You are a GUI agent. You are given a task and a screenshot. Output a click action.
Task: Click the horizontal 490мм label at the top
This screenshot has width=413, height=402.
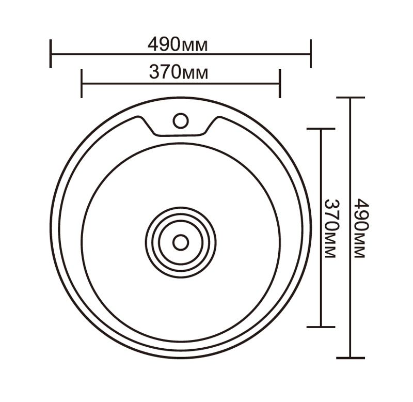(178, 44)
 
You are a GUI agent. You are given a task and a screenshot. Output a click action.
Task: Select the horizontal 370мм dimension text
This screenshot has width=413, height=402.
(179, 73)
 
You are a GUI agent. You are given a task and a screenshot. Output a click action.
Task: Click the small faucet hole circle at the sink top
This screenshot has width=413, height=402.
(180, 120)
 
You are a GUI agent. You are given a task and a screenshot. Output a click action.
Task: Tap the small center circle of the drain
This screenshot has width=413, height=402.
(180, 242)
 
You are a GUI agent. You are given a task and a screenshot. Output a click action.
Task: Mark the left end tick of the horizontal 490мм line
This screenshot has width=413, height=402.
(51, 53)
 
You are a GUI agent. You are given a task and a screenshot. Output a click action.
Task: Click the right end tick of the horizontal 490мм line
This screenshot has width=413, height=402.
(310, 53)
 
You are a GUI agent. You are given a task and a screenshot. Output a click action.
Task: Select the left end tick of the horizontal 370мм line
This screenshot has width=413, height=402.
(82, 83)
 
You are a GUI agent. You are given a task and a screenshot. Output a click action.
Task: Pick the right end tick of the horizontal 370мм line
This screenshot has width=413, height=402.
(279, 83)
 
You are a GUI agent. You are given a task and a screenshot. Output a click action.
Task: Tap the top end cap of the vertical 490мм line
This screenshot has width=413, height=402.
(351, 98)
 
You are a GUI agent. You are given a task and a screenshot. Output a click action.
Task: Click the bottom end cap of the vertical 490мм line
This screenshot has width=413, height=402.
(351, 358)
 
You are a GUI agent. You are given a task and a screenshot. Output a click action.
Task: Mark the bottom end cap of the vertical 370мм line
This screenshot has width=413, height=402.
(321, 327)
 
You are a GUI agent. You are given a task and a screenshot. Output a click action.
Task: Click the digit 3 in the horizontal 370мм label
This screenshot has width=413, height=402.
(154, 73)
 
